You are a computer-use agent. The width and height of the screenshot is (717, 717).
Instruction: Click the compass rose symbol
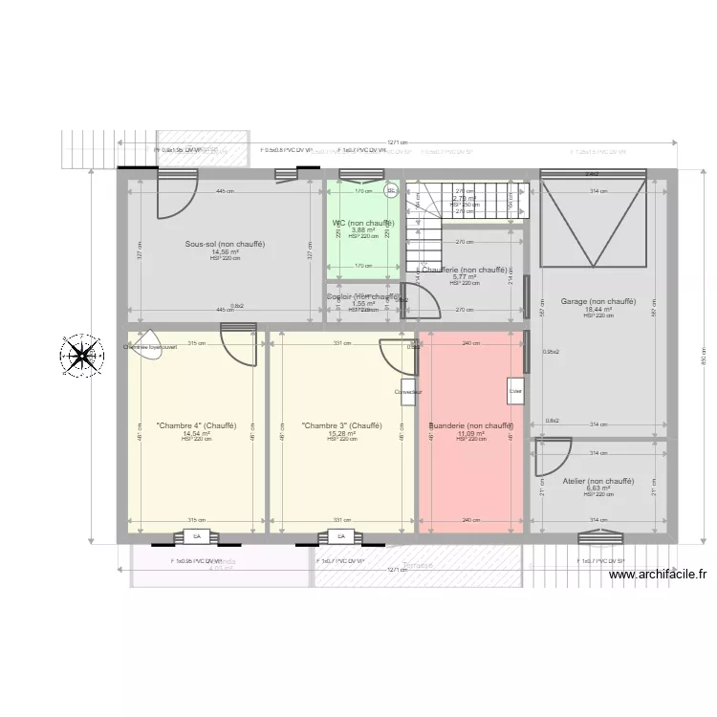coord(82,355)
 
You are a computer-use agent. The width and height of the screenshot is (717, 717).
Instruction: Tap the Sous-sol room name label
coord(225,244)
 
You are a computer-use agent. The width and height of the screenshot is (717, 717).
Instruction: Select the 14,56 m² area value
coord(225,251)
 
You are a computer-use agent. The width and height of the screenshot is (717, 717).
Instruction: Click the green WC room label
coord(362,223)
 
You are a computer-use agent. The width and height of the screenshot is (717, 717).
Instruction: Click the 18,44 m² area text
coord(597,310)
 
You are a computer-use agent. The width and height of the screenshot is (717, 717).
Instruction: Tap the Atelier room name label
coord(597,481)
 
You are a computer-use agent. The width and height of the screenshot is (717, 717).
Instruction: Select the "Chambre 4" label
coord(196,425)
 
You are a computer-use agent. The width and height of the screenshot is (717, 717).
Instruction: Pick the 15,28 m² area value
coord(341,433)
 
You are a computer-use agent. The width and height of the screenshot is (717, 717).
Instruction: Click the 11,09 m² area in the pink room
coord(471,433)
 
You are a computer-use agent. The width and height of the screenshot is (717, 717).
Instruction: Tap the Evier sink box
coord(515,391)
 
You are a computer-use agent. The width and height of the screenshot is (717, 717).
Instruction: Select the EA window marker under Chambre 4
coord(197,536)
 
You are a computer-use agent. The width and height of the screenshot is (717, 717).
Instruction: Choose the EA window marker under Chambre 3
coord(338,536)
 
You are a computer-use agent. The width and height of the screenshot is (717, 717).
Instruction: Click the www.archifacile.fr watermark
coord(657,575)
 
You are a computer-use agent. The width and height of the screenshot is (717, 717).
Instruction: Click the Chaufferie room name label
coord(466,270)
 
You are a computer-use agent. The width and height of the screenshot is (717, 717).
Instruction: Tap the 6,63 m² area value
coord(597,489)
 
